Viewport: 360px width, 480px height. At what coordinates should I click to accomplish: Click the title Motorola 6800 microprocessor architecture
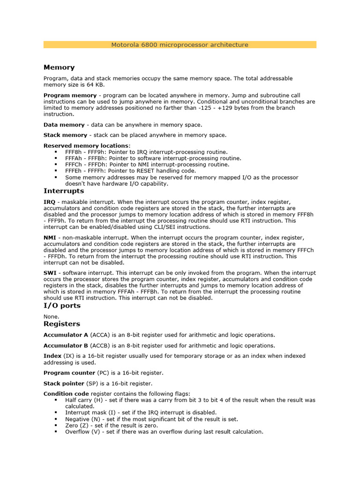(x=180, y=45)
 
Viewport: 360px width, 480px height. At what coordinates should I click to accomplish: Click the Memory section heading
(x=59, y=67)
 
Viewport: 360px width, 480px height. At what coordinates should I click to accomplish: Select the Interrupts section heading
(x=64, y=191)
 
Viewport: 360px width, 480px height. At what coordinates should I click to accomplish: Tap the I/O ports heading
(x=62, y=306)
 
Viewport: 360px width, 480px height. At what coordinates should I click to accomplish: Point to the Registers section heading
(x=62, y=324)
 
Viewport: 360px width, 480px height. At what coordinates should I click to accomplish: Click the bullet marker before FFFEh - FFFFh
(x=56, y=171)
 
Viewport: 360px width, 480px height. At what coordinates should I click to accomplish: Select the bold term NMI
(x=50, y=238)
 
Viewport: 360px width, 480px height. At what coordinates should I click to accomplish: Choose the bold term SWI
(x=50, y=273)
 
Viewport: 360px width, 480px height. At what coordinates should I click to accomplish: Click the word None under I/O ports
(x=51, y=316)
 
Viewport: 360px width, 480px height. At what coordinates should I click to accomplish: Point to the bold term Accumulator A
(x=66, y=335)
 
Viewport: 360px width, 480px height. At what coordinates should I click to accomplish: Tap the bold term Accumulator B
(x=66, y=345)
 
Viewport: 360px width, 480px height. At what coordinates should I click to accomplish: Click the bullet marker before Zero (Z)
(x=56, y=425)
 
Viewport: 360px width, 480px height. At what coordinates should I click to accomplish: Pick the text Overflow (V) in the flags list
(x=82, y=432)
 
